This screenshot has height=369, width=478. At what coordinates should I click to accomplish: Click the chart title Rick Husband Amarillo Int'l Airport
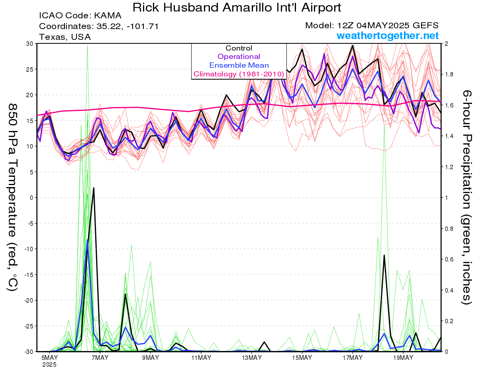tap(237, 8)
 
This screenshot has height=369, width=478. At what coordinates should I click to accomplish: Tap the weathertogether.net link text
tap(388, 35)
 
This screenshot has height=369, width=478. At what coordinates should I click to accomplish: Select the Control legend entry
tap(239, 48)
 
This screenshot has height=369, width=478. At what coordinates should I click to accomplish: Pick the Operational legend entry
tap(239, 57)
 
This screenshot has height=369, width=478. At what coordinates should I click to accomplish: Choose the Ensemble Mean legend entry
tap(239, 65)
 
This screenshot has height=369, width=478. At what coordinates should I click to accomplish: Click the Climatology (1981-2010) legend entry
tap(239, 74)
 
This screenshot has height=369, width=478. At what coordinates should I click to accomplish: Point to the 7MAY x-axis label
tap(100, 358)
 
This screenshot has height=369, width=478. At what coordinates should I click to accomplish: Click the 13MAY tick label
tap(252, 358)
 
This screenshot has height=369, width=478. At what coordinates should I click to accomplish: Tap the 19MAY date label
tap(403, 358)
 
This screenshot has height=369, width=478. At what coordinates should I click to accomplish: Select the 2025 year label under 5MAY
tap(49, 365)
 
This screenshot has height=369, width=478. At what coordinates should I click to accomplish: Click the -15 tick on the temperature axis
tap(29, 275)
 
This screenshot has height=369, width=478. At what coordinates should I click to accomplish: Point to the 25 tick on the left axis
tap(30, 69)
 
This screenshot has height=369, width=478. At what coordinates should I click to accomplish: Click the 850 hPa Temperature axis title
tap(13, 197)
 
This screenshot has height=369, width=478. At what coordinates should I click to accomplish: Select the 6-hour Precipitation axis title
tap(466, 197)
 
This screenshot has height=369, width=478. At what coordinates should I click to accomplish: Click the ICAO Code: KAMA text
tap(80, 16)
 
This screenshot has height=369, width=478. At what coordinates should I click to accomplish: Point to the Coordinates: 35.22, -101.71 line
tap(99, 26)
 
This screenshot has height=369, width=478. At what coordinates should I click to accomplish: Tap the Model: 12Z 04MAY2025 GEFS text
tap(372, 25)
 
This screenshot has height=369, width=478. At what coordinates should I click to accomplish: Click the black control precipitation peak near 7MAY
tap(94, 188)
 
